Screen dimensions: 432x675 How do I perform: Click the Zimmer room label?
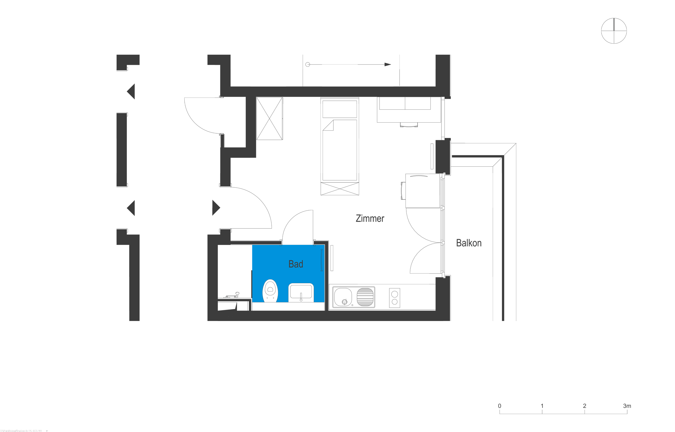click(x=370, y=218)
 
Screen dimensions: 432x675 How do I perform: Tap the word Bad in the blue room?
click(x=296, y=264)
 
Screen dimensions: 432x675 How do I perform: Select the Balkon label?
click(x=469, y=243)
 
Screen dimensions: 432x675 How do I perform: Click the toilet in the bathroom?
click(x=270, y=291)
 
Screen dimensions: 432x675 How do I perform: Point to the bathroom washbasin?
click(x=301, y=292)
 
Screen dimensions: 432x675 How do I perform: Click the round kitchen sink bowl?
click(x=343, y=297)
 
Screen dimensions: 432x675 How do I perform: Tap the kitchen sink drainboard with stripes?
click(x=365, y=297)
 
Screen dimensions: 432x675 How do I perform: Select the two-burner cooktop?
click(x=394, y=298)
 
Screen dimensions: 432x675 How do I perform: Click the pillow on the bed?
click(x=340, y=109)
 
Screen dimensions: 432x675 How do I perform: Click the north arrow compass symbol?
click(x=614, y=31)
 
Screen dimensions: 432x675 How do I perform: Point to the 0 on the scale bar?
click(x=500, y=406)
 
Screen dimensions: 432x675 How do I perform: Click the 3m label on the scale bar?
click(x=627, y=406)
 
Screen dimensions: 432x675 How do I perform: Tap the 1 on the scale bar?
click(x=542, y=406)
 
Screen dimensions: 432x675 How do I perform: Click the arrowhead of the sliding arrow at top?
click(x=387, y=65)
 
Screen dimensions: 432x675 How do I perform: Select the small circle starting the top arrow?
click(x=308, y=65)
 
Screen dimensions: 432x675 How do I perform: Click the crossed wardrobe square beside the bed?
click(x=269, y=118)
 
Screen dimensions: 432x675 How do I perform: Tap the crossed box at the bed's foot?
click(x=340, y=189)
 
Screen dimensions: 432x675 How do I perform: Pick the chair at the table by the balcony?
click(x=403, y=191)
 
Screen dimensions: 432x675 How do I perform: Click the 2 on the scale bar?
click(x=585, y=406)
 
